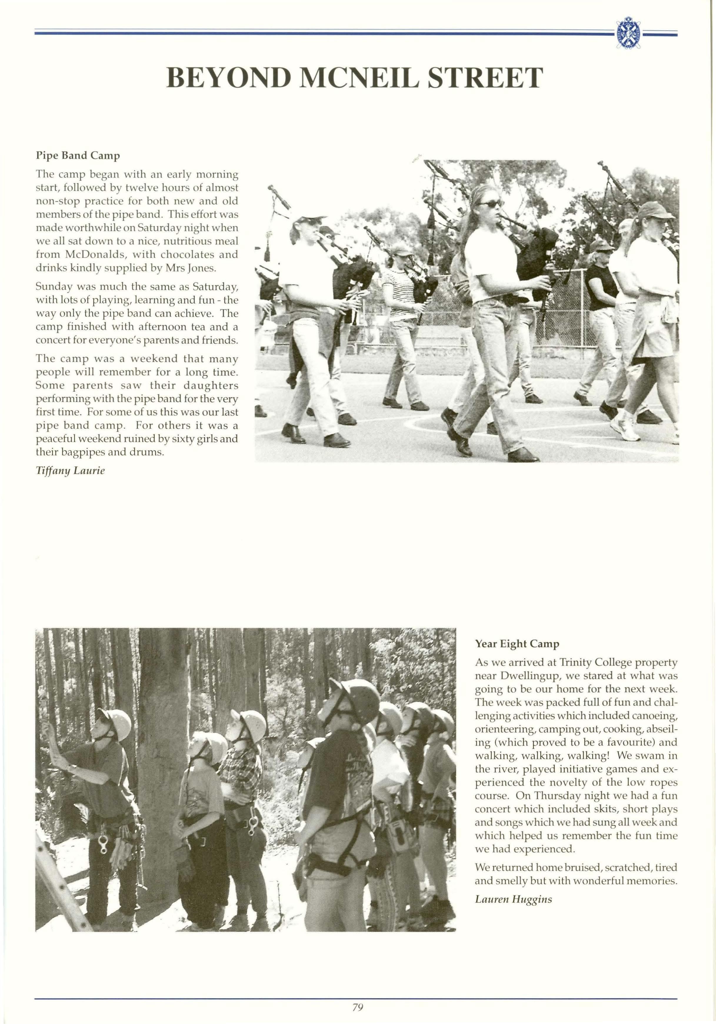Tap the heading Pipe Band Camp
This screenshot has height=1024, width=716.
(x=78, y=156)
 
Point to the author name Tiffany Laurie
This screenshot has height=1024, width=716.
(x=70, y=471)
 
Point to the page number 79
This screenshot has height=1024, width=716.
(x=357, y=1007)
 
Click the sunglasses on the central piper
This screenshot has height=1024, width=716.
(x=490, y=204)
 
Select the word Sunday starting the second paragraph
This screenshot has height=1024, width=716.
(x=53, y=286)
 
